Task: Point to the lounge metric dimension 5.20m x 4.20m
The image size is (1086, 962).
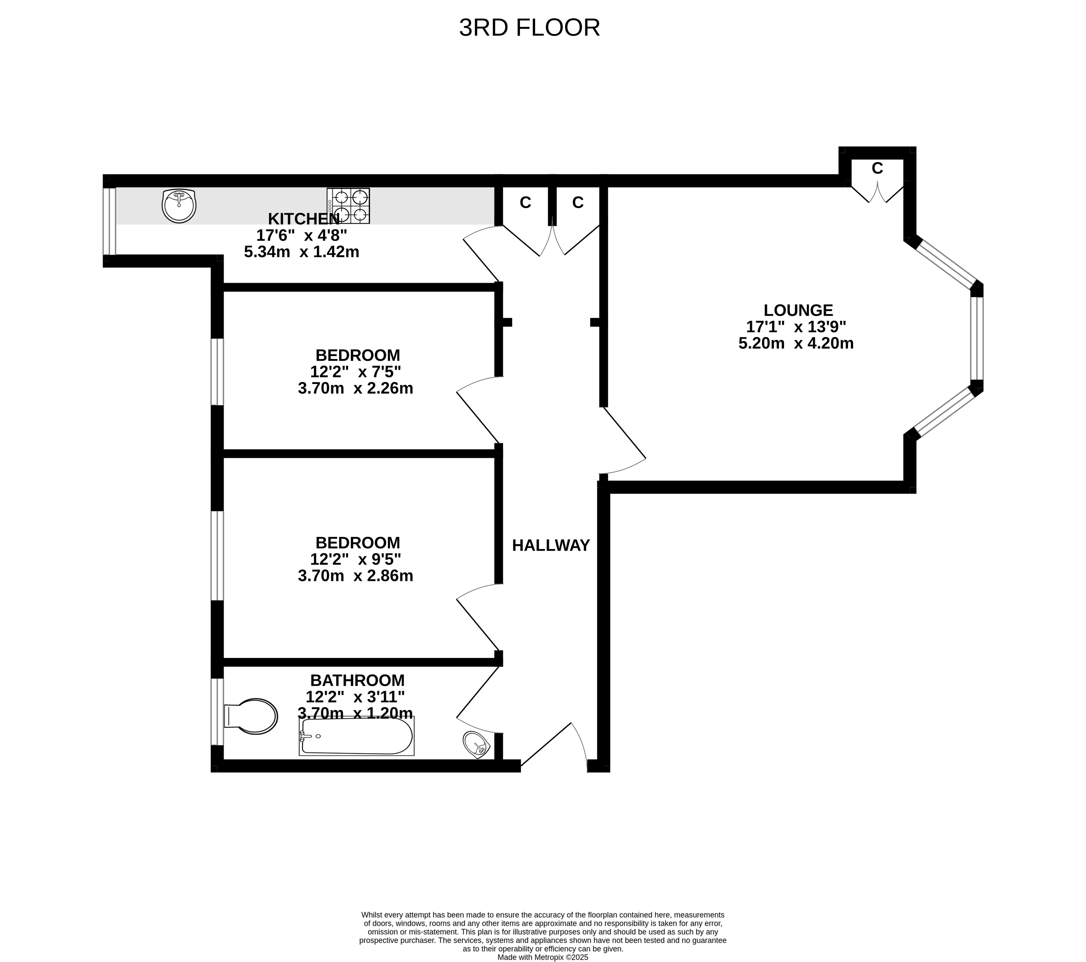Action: pyautogui.click(x=796, y=343)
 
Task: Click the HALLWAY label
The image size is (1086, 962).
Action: pyautogui.click(x=551, y=545)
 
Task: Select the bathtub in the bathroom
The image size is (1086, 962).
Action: pyautogui.click(x=356, y=736)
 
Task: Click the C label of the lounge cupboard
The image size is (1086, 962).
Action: pyautogui.click(x=877, y=169)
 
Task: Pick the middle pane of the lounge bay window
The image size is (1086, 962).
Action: pyautogui.click(x=977, y=338)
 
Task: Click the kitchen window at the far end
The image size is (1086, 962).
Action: pyautogui.click(x=109, y=221)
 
